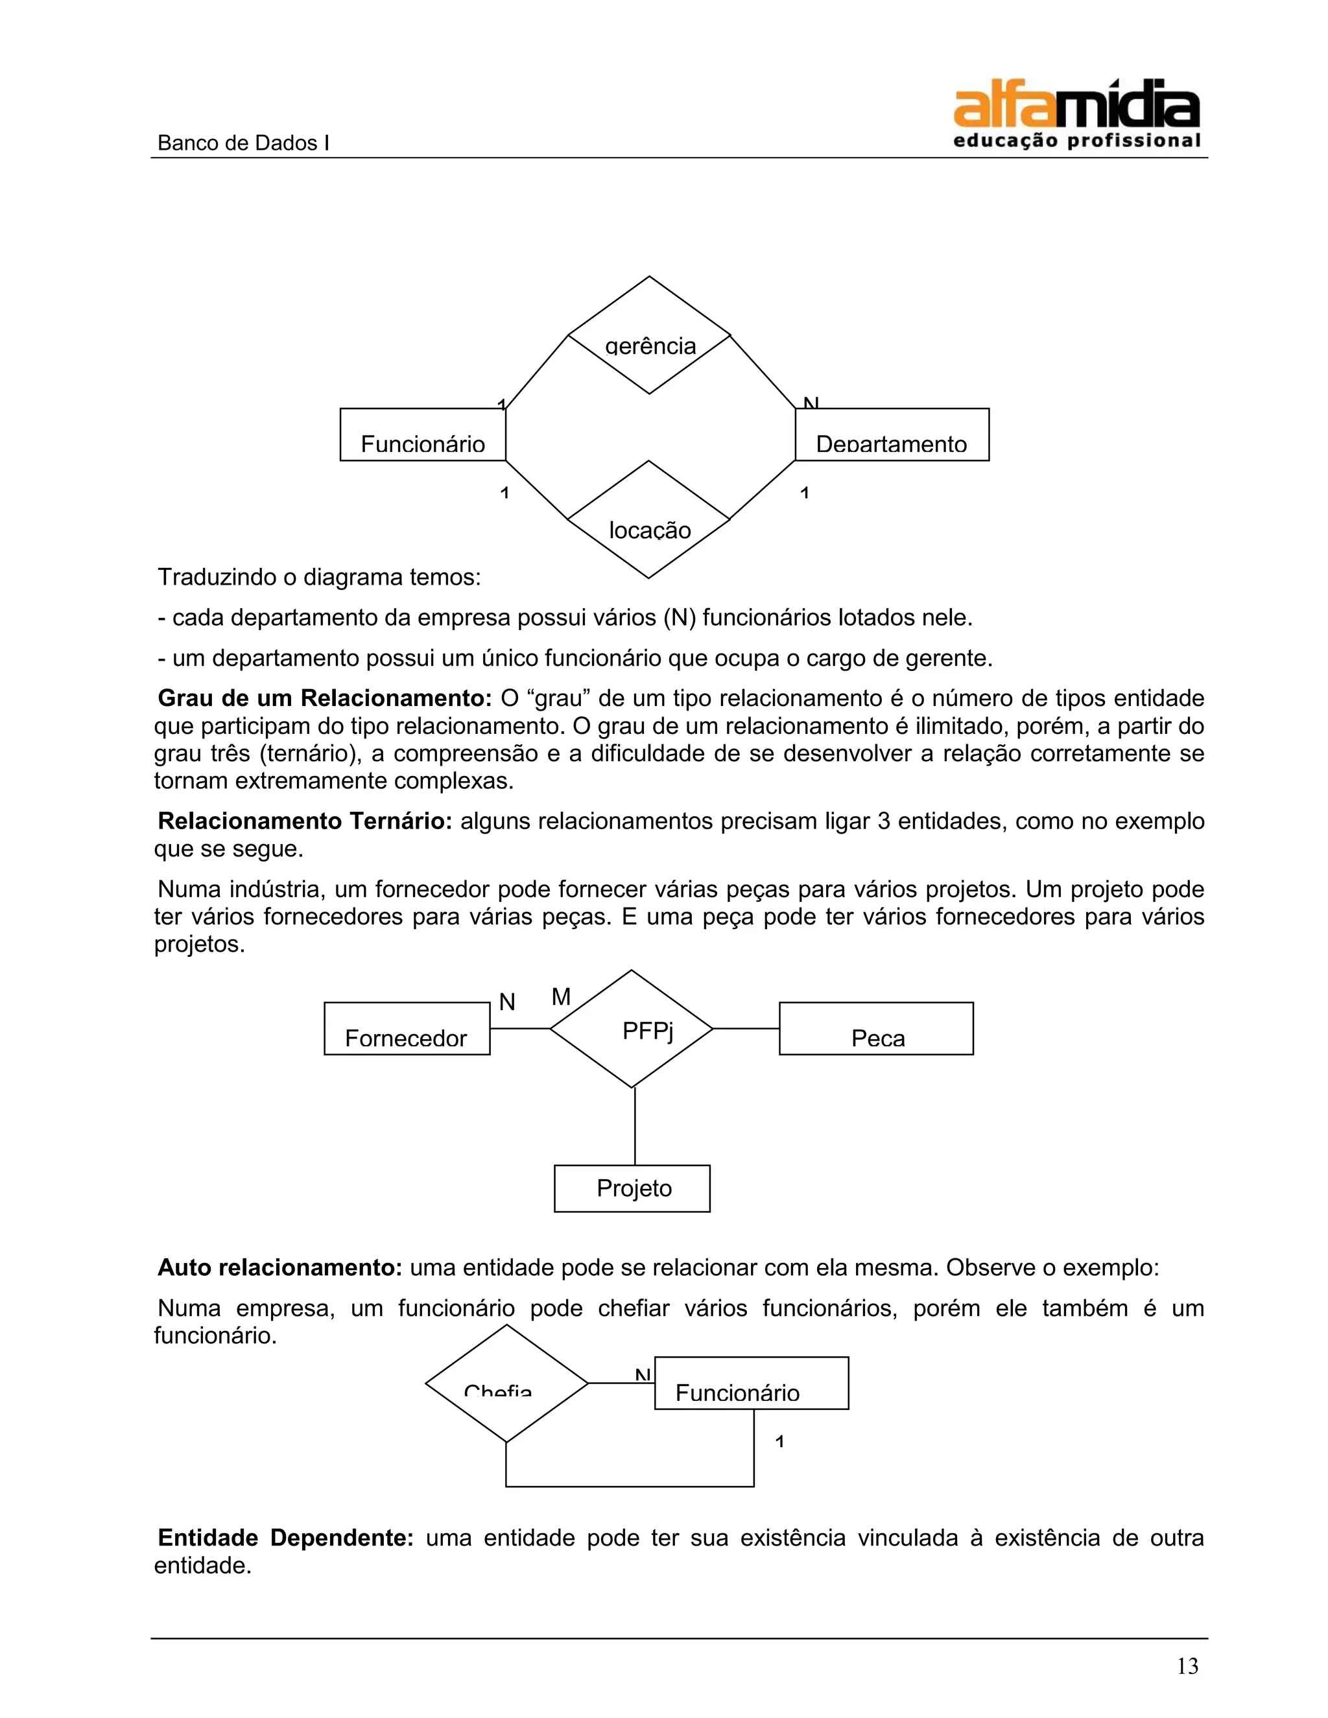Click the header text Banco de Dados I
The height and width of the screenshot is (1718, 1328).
243,143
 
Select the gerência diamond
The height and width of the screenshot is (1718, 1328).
649,336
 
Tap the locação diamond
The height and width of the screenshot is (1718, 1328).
649,520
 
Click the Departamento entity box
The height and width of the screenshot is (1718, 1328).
892,434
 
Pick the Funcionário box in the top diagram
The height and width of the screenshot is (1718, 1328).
423,434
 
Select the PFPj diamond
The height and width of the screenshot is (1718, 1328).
631,1029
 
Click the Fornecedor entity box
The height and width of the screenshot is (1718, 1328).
407,1029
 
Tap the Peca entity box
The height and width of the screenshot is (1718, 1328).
875,1029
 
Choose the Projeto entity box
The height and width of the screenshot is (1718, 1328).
632,1188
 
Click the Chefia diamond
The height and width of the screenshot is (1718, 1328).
506,1383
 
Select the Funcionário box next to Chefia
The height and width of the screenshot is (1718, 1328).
752,1383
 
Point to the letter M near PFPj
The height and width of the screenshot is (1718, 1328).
561,998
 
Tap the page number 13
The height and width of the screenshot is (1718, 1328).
1187,1666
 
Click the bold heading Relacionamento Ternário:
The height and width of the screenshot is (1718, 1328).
305,821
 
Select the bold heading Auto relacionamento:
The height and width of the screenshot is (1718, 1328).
280,1268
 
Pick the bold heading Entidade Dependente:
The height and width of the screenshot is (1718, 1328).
285,1538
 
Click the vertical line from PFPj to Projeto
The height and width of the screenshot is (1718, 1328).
634,1127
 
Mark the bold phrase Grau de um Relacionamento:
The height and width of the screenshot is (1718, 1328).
324,698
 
